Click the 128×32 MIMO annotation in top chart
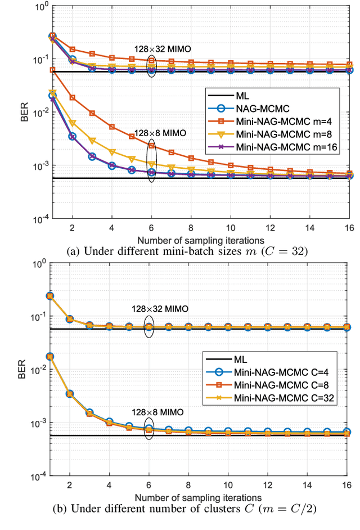pyautogui.click(x=161, y=49)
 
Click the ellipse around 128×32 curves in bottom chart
pyautogui.click(x=149, y=327)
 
